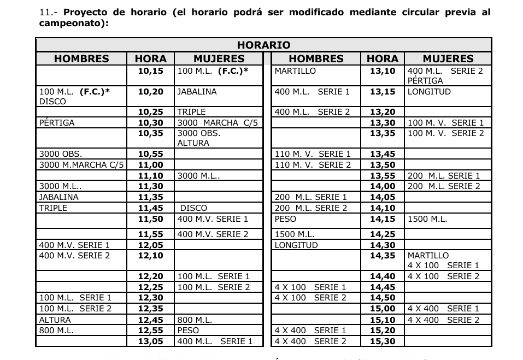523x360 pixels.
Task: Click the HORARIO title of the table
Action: point(263,45)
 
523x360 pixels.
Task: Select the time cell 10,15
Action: point(150,71)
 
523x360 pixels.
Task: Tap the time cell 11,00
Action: point(150,164)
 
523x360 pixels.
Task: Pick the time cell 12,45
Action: point(150,320)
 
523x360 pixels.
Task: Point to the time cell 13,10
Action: point(382,71)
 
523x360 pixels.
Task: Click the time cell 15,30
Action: point(382,341)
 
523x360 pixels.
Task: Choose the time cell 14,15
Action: point(382,219)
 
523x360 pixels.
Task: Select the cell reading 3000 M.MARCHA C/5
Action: point(81,164)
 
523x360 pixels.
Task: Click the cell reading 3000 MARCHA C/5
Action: point(218,123)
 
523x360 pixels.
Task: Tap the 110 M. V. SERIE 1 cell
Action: point(313,154)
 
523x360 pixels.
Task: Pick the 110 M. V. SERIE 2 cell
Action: point(313,164)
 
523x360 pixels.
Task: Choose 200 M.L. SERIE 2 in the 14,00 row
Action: point(444,186)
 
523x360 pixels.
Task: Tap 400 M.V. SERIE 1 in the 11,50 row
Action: point(213,219)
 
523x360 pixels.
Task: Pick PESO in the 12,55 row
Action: point(188,330)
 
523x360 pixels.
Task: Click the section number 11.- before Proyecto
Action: point(50,12)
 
